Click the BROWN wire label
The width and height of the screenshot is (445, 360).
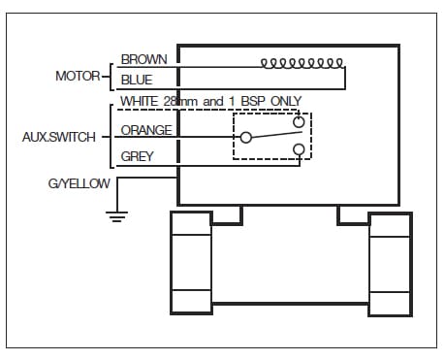click(143, 59)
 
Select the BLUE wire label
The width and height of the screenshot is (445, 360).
click(137, 80)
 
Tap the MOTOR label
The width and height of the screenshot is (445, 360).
click(78, 77)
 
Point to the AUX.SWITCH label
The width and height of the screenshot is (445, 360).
click(59, 137)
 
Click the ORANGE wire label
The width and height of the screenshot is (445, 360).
click(146, 130)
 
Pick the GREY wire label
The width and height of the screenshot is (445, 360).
click(137, 156)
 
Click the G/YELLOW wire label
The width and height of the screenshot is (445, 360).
click(79, 183)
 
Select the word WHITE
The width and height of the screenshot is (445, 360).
click(140, 101)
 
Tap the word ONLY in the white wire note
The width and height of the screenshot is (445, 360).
click(286, 101)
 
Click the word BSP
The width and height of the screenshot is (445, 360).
click(254, 101)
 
